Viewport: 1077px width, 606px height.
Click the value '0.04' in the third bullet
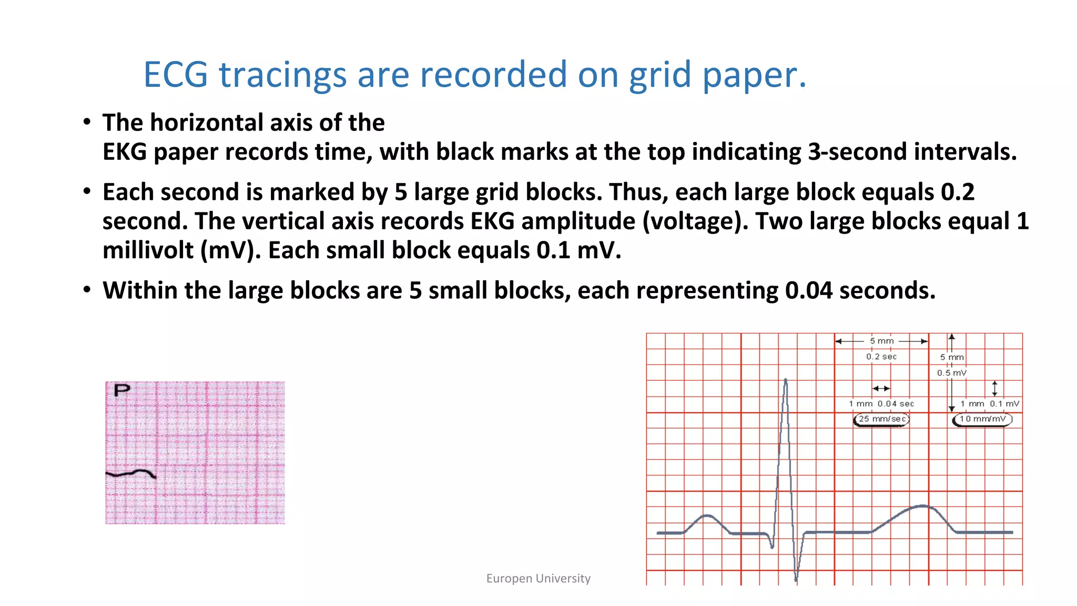[x=808, y=291]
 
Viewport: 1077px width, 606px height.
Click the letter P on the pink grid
[x=122, y=390]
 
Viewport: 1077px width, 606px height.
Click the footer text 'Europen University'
[x=538, y=579]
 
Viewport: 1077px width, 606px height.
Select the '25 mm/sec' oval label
[x=881, y=419]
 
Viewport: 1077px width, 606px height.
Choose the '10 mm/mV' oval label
[x=982, y=419]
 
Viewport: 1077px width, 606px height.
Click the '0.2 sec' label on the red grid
[x=881, y=357]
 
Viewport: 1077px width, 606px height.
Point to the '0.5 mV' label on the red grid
[x=952, y=373]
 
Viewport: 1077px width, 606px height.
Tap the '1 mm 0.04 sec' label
[x=881, y=404]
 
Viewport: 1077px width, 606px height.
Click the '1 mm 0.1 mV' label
[x=990, y=404]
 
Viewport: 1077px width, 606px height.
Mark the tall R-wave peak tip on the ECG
[x=786, y=380]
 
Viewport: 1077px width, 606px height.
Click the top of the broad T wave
[x=923, y=506]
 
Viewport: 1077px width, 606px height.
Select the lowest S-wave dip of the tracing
[x=796, y=580]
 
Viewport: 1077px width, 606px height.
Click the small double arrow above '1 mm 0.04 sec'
[x=881, y=389]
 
